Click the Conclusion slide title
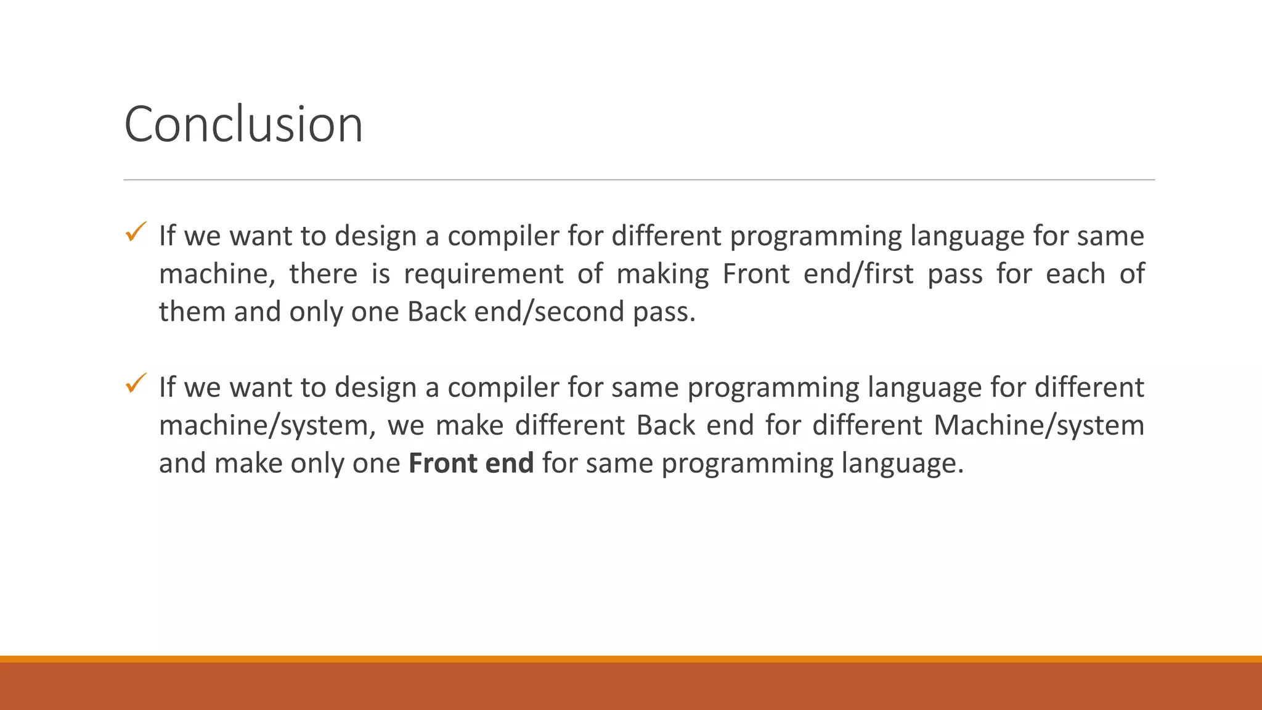[243, 124]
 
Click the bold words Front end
[471, 463]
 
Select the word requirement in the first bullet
[483, 274]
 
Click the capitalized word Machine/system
[1039, 425]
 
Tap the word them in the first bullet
[192, 312]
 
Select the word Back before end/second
[436, 312]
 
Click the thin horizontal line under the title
[638, 180]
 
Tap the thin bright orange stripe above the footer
[631, 659]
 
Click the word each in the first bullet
[1075, 274]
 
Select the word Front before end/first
[755, 274]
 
